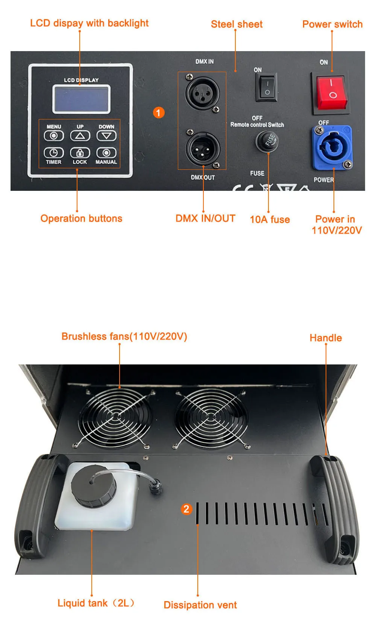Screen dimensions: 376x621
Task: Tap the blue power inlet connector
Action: (x=332, y=147)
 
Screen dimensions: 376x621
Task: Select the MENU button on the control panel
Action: (x=54, y=136)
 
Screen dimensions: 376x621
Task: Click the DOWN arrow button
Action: (x=106, y=136)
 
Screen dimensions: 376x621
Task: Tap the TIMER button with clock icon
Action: (x=54, y=153)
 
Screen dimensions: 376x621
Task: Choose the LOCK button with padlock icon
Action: (x=80, y=153)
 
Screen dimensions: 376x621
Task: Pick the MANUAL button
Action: (x=106, y=153)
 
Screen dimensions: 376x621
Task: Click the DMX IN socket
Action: (x=202, y=93)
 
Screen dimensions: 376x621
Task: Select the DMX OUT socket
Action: (x=203, y=149)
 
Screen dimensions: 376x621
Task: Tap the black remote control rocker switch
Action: (x=267, y=87)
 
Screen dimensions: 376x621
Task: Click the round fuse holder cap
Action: (x=267, y=141)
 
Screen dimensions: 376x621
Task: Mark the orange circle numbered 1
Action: (x=158, y=113)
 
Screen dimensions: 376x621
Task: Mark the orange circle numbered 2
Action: (x=186, y=509)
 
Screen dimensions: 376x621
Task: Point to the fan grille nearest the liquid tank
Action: (x=115, y=416)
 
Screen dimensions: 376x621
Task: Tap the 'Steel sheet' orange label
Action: (x=237, y=24)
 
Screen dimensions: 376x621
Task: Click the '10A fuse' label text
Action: (x=270, y=219)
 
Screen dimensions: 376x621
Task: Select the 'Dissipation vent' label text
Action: (x=200, y=605)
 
